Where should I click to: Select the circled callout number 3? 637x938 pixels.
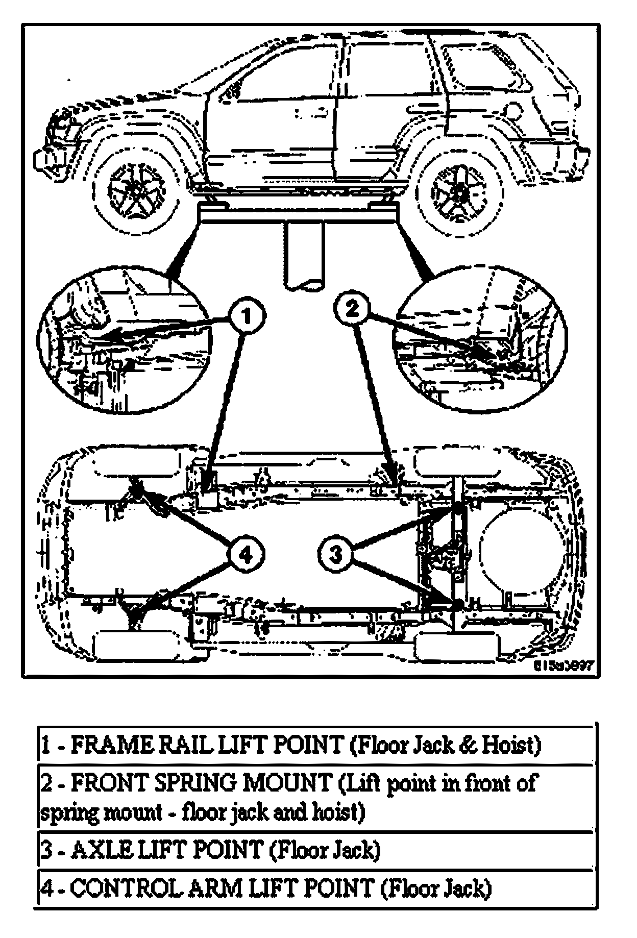pyautogui.click(x=335, y=553)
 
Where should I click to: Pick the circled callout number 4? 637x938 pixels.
pyautogui.click(x=246, y=555)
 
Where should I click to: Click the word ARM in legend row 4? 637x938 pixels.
pyautogui.click(x=217, y=888)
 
